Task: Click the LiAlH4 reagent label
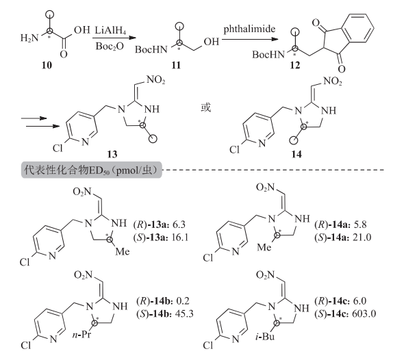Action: click(x=110, y=30)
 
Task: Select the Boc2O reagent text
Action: click(x=110, y=47)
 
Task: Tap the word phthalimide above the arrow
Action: click(x=249, y=29)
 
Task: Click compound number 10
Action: click(x=47, y=65)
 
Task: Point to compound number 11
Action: click(x=176, y=65)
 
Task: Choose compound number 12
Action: click(x=294, y=65)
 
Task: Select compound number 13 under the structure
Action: click(x=112, y=154)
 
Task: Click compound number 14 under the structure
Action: click(x=296, y=154)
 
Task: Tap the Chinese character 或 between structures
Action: click(x=206, y=107)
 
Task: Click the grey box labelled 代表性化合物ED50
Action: click(x=92, y=170)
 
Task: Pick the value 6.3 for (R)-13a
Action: click(x=179, y=224)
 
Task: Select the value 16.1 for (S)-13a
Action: click(x=180, y=237)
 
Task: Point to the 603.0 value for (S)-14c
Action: click(x=364, y=313)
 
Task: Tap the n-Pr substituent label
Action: click(x=81, y=335)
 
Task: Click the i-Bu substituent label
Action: click(x=265, y=337)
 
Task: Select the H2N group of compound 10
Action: click(x=29, y=38)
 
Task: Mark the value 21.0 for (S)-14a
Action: click(x=362, y=237)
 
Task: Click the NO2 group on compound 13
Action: click(x=155, y=80)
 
